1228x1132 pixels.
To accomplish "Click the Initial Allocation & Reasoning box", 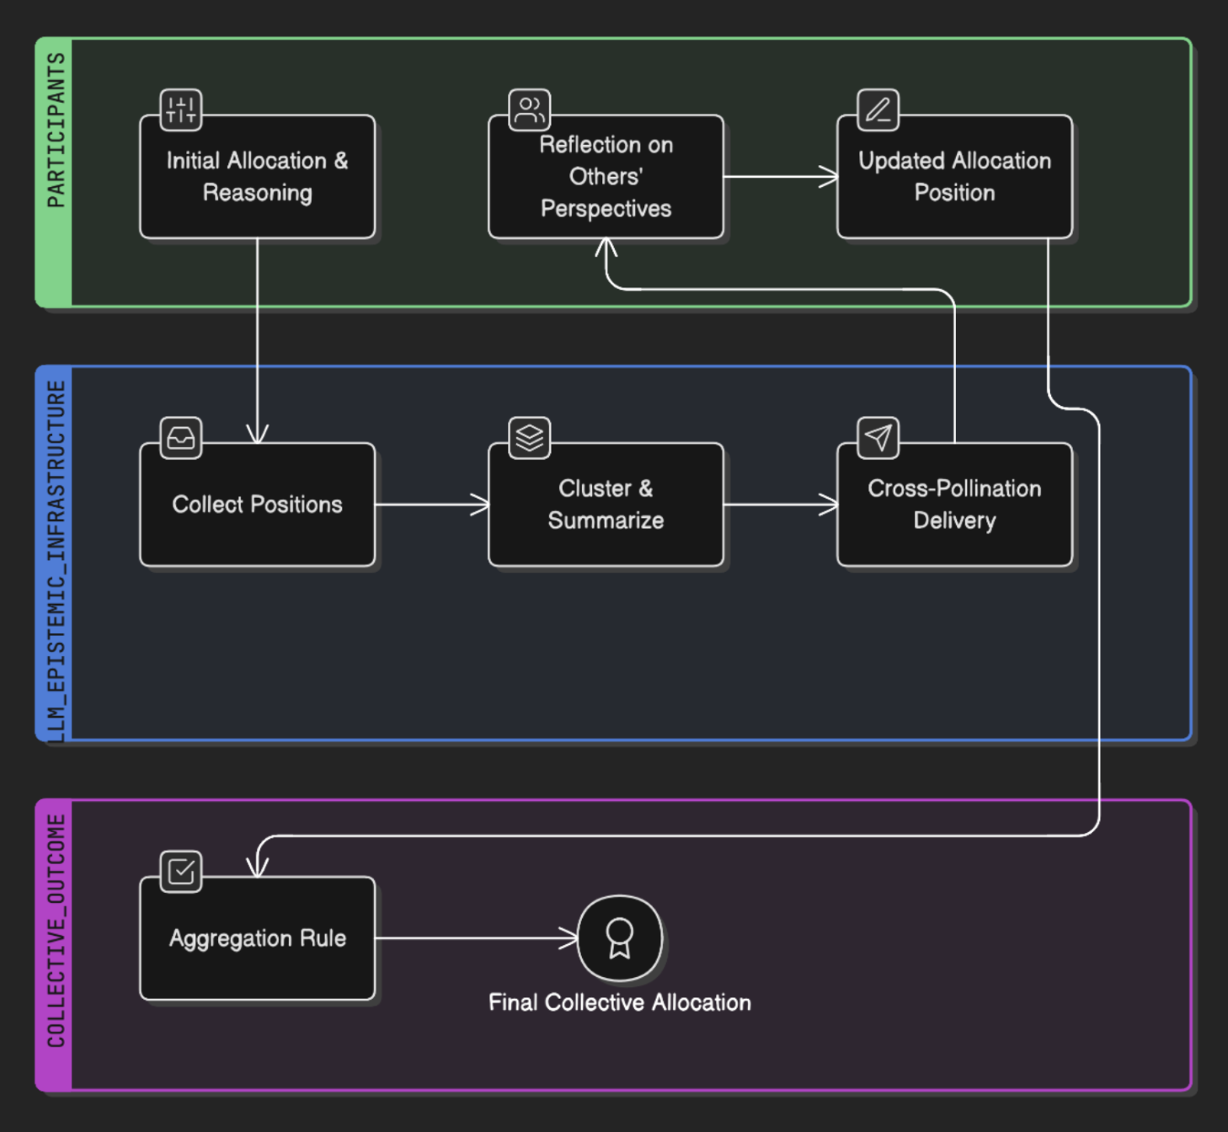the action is pyautogui.click(x=257, y=176).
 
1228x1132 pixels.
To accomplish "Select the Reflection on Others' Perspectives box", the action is pyautogui.click(x=606, y=176).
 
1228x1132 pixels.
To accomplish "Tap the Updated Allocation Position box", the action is pyautogui.click(x=955, y=176).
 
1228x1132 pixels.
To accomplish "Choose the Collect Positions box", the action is pyautogui.click(x=257, y=505).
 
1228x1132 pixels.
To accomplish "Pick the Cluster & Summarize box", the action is pyautogui.click(x=606, y=505).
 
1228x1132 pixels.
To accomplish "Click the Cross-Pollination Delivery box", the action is pyautogui.click(x=955, y=505).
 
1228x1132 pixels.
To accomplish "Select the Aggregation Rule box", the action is pyautogui.click(x=257, y=937).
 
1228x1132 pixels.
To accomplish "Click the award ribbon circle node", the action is pyautogui.click(x=620, y=937).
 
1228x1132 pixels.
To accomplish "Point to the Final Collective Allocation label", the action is pyautogui.click(x=620, y=1002).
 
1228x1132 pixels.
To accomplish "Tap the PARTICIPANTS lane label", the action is pyautogui.click(x=56, y=130).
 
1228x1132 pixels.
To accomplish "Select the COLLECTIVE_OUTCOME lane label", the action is pyautogui.click(x=56, y=930).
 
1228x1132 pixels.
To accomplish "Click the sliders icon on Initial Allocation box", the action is pyautogui.click(x=180, y=109).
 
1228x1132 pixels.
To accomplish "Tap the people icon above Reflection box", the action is pyautogui.click(x=529, y=109).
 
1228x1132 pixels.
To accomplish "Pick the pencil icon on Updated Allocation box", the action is pyautogui.click(x=878, y=109).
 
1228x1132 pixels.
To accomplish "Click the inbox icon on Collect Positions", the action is pyautogui.click(x=180, y=437).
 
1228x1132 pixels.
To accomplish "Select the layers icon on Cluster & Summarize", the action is pyautogui.click(x=529, y=437).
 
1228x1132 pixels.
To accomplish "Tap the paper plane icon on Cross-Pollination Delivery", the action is pyautogui.click(x=878, y=437).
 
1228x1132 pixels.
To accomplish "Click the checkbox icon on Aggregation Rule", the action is pyautogui.click(x=180, y=871).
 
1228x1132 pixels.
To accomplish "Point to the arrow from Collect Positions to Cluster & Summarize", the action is pyautogui.click(x=431, y=505).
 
